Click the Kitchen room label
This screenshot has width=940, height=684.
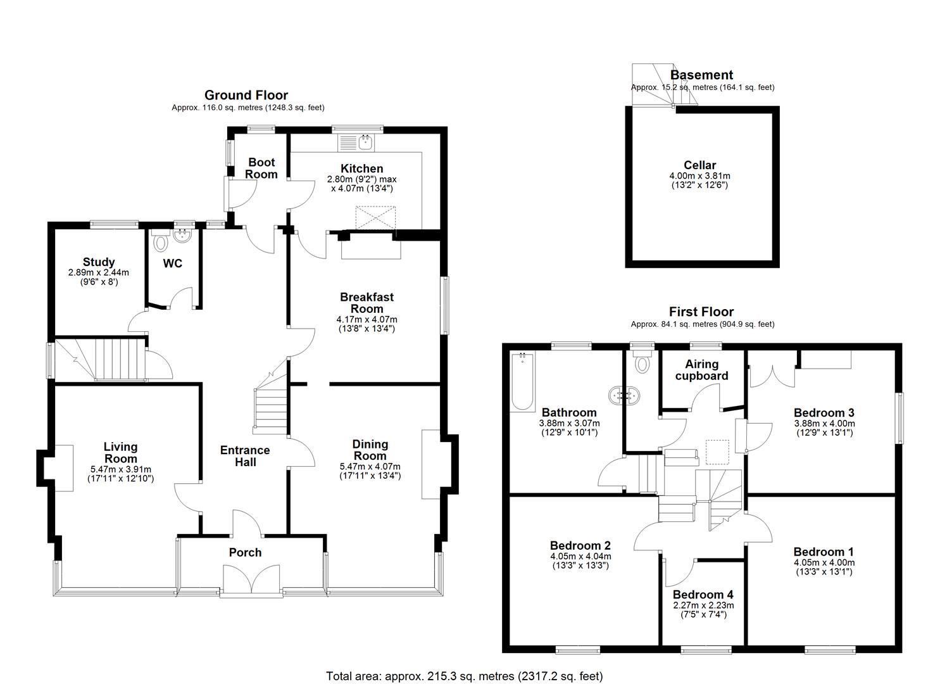click(x=361, y=168)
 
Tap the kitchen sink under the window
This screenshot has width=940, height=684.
click(x=365, y=142)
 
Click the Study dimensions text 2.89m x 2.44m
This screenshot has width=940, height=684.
click(x=98, y=272)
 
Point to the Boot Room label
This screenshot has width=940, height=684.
click(x=261, y=168)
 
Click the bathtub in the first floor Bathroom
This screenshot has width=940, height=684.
click(x=523, y=381)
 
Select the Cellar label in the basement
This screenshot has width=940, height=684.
click(x=699, y=165)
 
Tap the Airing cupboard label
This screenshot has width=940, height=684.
click(x=701, y=370)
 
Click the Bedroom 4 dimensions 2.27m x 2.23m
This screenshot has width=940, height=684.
click(x=703, y=605)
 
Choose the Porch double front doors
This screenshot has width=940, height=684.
click(x=251, y=579)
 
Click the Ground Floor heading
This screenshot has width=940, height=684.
click(x=246, y=96)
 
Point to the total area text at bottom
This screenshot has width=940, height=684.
click(x=464, y=676)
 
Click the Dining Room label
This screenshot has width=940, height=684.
click(x=370, y=450)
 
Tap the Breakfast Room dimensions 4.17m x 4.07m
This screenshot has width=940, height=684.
click(x=367, y=320)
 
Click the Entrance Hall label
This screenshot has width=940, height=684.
click(x=245, y=456)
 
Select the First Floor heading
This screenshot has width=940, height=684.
click(x=701, y=312)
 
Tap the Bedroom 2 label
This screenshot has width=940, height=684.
click(x=580, y=545)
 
